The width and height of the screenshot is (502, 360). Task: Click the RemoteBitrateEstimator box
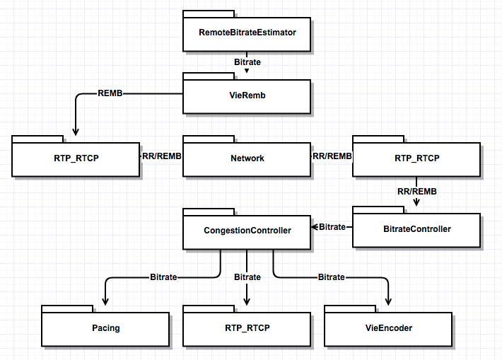tap(247, 33)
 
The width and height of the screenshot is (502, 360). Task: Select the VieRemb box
tap(247, 95)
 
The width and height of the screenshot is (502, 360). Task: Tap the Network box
tap(247, 158)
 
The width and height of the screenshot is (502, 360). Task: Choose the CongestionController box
tap(247, 231)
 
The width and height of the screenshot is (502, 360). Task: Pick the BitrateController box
tap(416, 229)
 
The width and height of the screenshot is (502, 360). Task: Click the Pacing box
tap(105, 328)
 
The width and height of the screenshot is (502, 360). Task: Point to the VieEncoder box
tap(388, 328)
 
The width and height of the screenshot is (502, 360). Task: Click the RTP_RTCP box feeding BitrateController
tap(416, 158)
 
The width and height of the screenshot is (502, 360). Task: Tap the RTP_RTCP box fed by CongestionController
tap(247, 328)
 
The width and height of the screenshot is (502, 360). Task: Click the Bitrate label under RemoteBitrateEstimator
tap(247, 62)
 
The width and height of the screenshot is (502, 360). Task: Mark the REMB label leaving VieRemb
tap(110, 93)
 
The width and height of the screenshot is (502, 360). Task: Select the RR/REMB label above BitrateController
tap(416, 191)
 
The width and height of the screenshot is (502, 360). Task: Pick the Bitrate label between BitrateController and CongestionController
tap(332, 227)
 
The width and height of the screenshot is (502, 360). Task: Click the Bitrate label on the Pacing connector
tap(163, 277)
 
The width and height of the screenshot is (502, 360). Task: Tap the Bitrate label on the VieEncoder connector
tap(331, 277)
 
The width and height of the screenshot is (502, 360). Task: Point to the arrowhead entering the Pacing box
tap(105, 301)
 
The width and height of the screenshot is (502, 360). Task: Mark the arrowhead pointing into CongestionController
tap(315, 227)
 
